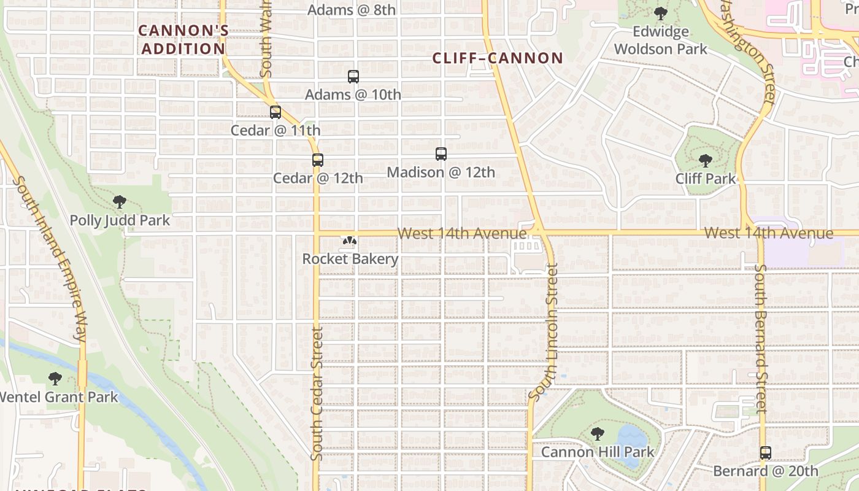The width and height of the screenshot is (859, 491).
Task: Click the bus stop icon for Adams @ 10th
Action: click(x=353, y=77)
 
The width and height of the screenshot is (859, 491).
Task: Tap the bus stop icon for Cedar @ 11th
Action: click(x=275, y=112)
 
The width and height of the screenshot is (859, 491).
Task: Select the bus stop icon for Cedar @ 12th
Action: click(x=317, y=160)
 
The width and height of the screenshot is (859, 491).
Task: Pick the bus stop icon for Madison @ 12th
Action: click(x=441, y=154)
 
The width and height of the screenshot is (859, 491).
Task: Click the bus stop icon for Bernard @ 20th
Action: click(x=765, y=453)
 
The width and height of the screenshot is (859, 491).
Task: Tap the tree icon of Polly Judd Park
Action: click(x=120, y=202)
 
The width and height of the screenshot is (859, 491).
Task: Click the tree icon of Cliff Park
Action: click(x=705, y=161)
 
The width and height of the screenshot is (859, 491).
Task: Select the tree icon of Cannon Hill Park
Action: click(x=597, y=434)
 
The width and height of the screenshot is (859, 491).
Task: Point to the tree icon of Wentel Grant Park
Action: click(x=55, y=379)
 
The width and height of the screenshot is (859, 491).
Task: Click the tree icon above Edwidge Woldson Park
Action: click(x=660, y=13)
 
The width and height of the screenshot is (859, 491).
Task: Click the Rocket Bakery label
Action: click(x=350, y=259)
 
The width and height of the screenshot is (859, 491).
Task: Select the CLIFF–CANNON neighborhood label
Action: click(x=498, y=58)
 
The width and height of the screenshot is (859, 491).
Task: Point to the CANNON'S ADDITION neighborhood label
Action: click(x=183, y=39)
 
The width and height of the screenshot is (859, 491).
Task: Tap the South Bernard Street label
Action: click(x=761, y=338)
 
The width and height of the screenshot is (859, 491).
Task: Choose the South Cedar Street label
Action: click(x=317, y=393)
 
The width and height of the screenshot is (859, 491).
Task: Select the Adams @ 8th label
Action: click(x=352, y=10)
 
